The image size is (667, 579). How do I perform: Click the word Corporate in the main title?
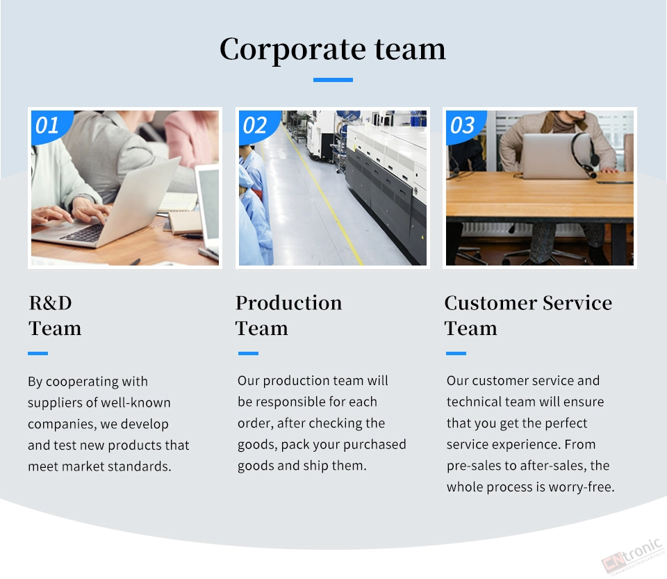[x=293, y=49]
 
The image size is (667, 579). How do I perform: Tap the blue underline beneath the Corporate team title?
[x=333, y=79]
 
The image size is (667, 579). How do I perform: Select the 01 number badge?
[x=49, y=126]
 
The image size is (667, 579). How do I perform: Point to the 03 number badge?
[x=463, y=126]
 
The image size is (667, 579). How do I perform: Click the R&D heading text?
[x=50, y=303]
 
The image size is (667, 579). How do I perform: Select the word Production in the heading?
[x=289, y=303]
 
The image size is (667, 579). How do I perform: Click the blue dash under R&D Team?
[x=38, y=353]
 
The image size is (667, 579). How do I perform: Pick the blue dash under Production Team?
[x=249, y=353]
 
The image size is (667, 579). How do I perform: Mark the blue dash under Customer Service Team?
[x=456, y=353]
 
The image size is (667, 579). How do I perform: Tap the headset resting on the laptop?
[x=584, y=154]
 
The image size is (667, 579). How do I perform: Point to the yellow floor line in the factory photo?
[x=322, y=193]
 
